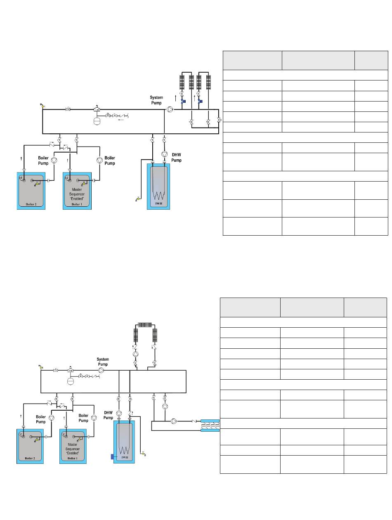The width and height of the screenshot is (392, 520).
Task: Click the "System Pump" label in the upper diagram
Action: [156, 100]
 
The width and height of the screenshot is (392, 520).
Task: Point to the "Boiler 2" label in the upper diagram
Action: [31, 204]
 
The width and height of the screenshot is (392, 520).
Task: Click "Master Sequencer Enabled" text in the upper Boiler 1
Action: [77, 194]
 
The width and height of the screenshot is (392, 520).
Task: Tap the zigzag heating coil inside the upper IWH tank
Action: [158, 195]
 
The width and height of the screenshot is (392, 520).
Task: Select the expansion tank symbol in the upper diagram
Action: [97, 121]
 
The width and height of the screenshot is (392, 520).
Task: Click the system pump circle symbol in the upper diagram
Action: [170, 109]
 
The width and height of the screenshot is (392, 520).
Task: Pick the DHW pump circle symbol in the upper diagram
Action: [164, 154]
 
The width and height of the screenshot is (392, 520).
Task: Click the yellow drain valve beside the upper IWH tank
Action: [138, 199]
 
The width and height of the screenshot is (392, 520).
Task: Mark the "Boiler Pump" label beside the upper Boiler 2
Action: [43, 161]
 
